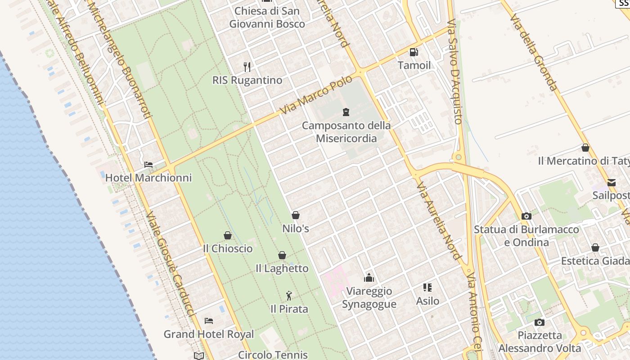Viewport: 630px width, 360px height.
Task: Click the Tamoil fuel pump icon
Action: point(414,52)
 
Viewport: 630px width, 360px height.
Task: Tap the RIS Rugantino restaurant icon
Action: point(247,67)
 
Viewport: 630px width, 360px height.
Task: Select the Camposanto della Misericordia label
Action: point(346,132)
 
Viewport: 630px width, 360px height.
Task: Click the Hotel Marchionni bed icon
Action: point(148,165)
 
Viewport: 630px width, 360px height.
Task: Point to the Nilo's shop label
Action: point(296,229)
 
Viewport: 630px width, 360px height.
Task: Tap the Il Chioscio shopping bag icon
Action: point(228,235)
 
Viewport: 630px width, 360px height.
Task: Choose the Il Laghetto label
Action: point(282,269)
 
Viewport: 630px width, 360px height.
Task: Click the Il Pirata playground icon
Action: point(289,296)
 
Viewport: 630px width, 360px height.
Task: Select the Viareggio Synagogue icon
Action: point(369,278)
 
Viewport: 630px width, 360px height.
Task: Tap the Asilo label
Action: point(427,301)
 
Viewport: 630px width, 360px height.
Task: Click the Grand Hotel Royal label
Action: point(209,334)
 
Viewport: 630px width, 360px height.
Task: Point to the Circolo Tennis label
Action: point(273,355)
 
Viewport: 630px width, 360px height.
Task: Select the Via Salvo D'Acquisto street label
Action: point(455,72)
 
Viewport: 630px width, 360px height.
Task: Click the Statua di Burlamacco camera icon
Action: point(526,216)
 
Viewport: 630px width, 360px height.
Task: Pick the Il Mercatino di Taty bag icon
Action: point(585,148)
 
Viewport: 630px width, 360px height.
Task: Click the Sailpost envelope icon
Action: point(612,182)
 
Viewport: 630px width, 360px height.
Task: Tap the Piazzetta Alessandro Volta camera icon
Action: point(539,322)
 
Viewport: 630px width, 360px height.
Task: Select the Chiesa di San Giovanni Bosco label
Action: point(267,17)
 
